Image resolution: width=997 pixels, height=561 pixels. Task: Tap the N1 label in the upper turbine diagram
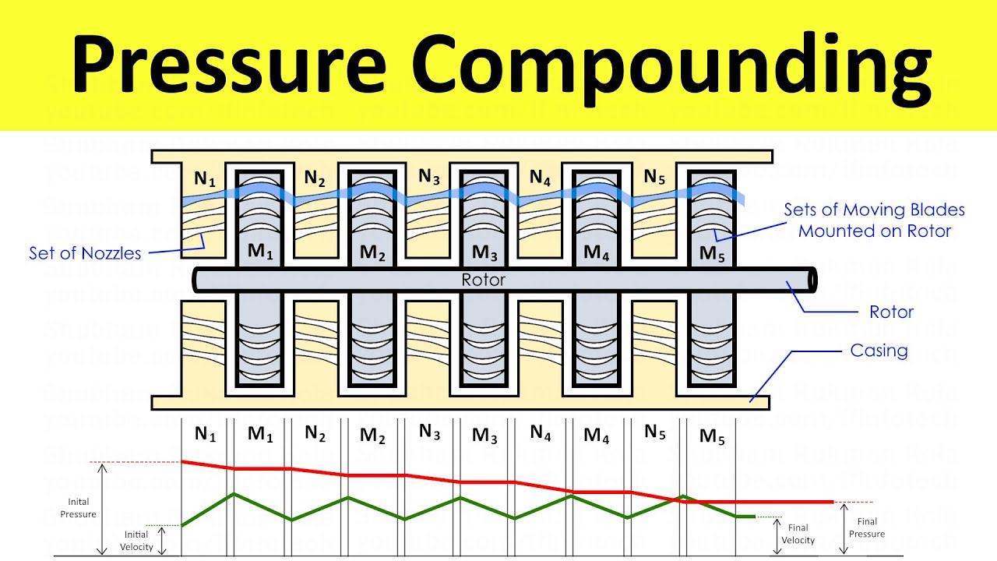204,179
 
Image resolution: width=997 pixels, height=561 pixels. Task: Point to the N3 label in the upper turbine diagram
428,177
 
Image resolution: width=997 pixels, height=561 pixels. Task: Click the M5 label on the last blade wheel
712,253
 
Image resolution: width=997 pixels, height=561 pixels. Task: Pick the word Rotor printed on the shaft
484,280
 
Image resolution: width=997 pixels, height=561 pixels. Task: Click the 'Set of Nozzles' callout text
85,253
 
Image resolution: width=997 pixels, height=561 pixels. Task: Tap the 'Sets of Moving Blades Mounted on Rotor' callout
874,220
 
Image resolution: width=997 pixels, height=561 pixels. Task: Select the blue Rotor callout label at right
891,312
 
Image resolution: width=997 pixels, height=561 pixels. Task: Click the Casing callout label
879,351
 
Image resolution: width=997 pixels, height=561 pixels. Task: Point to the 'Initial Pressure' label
78,508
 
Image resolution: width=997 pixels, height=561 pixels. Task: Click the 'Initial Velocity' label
136,541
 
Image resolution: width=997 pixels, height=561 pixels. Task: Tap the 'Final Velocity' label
798,534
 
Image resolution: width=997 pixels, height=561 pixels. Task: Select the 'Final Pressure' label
867,527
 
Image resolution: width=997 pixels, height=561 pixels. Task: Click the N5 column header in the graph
655,433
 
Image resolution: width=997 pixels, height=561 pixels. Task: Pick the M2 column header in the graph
372,436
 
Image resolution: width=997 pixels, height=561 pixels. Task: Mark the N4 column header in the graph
541,433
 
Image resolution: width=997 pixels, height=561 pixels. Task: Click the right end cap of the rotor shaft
812,280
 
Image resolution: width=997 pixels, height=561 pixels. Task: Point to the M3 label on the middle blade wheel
484,253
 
